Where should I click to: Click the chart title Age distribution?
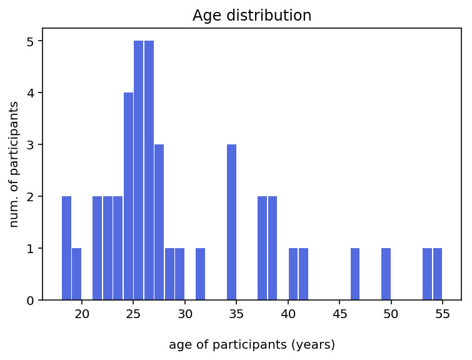(252, 16)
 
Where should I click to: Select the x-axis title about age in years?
(252, 344)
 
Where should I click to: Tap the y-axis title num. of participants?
(14, 164)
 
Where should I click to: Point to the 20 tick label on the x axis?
(82, 314)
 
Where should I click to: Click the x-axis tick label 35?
(236, 314)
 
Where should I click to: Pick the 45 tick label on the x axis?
(339, 314)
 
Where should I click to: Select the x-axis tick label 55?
(443, 314)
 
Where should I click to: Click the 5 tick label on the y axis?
(31, 41)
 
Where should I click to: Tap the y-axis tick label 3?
(31, 145)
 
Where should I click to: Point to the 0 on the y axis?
(31, 301)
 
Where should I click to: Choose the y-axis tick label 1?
(31, 248)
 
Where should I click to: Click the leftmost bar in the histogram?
(66, 248)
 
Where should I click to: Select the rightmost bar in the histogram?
(438, 274)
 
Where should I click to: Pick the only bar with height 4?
(128, 196)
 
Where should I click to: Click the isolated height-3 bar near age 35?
(231, 222)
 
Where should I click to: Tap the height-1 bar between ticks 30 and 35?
(201, 274)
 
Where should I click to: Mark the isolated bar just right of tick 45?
(355, 274)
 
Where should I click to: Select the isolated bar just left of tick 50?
(386, 274)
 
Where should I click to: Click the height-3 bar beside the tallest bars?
(159, 222)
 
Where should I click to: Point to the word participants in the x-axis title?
(249, 345)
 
